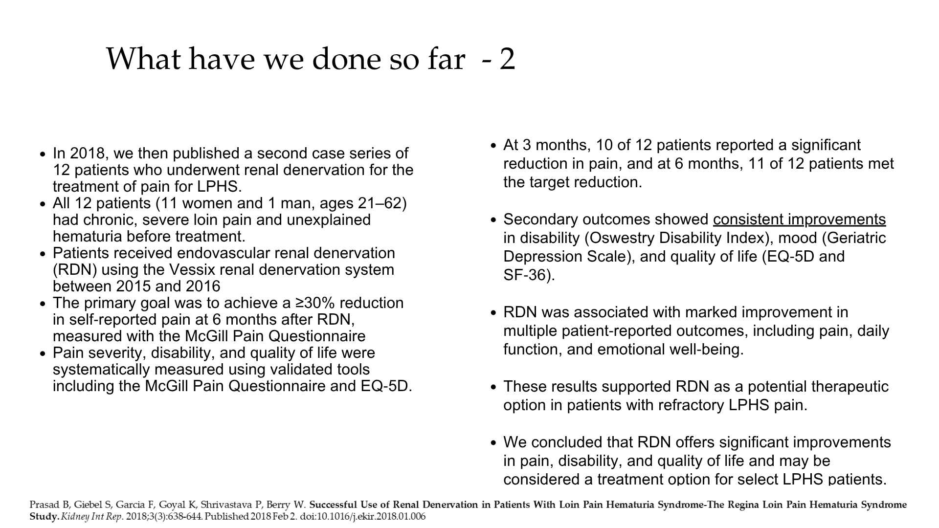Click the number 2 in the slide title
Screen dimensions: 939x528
[507, 59]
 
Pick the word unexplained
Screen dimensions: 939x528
[329, 220]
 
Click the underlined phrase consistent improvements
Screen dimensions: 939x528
[799, 220]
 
